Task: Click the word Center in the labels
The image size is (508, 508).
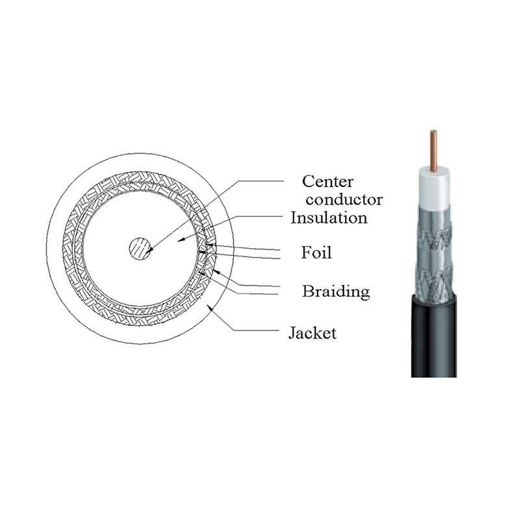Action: coord(327,181)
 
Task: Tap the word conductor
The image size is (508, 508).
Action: coord(344,199)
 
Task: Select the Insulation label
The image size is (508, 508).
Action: coord(329,218)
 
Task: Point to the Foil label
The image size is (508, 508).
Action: coord(316,253)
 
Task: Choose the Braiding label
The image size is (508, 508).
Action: coord(336,292)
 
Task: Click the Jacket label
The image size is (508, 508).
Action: coord(312,333)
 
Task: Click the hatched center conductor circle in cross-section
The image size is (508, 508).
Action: coord(140,249)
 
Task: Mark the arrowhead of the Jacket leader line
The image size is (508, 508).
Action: coord(210,307)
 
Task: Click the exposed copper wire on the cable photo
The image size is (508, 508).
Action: coord(433,149)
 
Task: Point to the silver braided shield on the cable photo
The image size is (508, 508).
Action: coord(433,253)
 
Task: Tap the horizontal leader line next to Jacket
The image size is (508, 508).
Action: coord(256,331)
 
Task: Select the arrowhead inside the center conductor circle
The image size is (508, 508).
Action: coord(149,251)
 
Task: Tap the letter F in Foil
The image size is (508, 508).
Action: coord(306,252)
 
